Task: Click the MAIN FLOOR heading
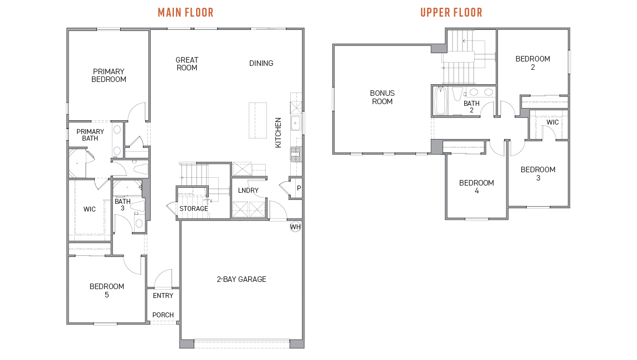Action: (186, 12)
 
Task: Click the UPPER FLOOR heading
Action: (451, 12)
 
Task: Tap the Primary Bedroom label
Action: (109, 75)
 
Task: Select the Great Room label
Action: (187, 64)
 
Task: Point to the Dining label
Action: (261, 63)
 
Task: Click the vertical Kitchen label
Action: (279, 132)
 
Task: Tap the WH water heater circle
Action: (296, 227)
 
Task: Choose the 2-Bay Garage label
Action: (241, 279)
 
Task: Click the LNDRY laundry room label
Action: (248, 191)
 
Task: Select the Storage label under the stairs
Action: (193, 209)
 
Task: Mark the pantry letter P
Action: (299, 188)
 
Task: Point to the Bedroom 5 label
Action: (107, 290)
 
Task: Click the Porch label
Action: (163, 315)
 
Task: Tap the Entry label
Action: (163, 296)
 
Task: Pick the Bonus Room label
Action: (382, 97)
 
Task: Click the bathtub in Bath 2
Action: (440, 101)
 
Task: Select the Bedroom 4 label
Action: (476, 187)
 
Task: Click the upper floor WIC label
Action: (552, 122)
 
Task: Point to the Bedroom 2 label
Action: (532, 63)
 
